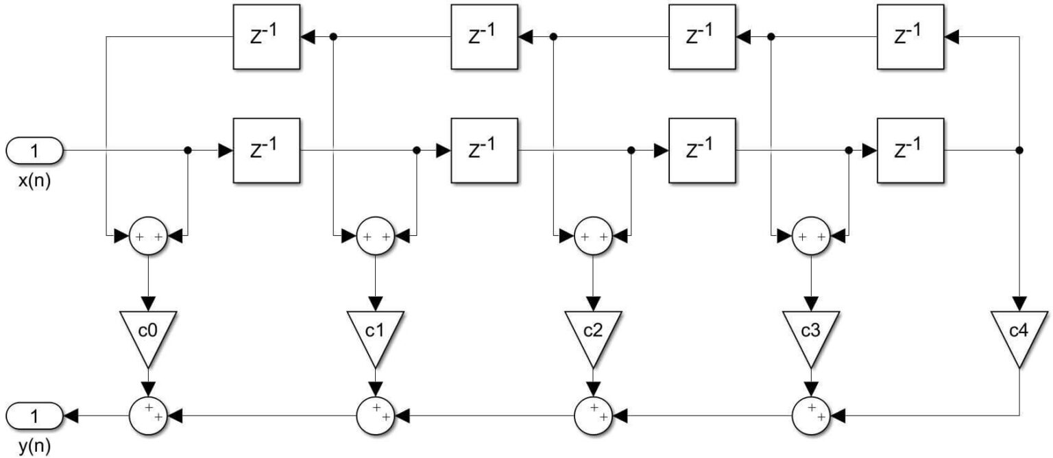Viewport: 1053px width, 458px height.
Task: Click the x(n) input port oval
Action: tap(34, 149)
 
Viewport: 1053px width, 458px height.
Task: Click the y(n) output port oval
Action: tap(34, 415)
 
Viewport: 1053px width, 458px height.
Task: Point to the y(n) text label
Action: tap(34, 448)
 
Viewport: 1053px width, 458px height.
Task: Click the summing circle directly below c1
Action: tap(375, 415)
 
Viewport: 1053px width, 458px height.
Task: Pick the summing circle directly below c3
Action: tap(811, 415)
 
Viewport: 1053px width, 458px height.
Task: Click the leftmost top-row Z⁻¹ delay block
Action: tap(266, 36)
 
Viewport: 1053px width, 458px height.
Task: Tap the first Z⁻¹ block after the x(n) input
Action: tap(266, 149)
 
